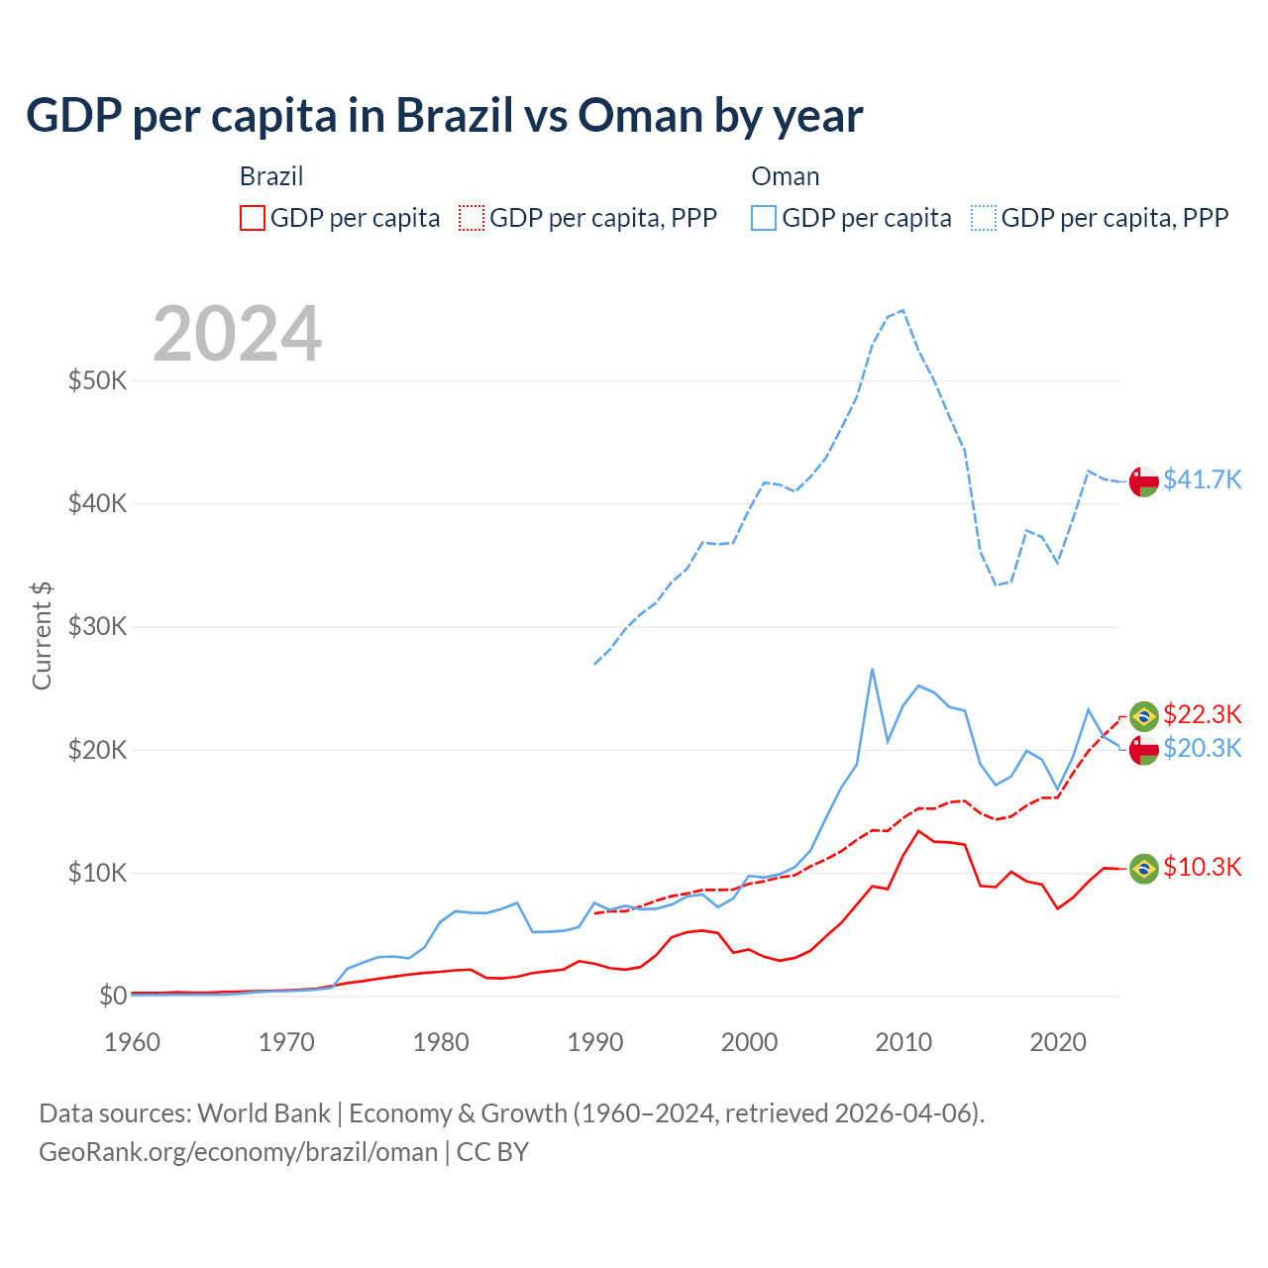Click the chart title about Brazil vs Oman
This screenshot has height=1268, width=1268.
click(x=444, y=116)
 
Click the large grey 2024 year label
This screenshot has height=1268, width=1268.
click(x=238, y=334)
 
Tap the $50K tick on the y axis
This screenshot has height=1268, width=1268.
click(x=97, y=380)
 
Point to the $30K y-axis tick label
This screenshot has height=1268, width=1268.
click(x=97, y=626)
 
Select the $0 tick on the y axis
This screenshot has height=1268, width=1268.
click(x=113, y=996)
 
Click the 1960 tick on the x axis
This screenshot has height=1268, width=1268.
click(x=132, y=1042)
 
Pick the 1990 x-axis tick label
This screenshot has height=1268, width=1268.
click(x=595, y=1042)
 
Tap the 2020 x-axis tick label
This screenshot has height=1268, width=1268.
click(x=1058, y=1042)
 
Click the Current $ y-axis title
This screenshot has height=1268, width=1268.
click(x=42, y=635)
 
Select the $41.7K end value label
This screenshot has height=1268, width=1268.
click(x=1202, y=480)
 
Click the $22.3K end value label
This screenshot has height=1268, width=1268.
click(x=1202, y=714)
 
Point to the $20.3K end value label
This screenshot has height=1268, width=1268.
click(x=1202, y=748)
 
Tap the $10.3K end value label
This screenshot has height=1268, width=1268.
click(x=1202, y=868)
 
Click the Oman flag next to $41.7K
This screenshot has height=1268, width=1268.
click(x=1144, y=480)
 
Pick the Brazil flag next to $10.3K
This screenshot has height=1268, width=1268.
click(x=1144, y=869)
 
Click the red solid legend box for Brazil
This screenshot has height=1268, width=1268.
click(x=253, y=218)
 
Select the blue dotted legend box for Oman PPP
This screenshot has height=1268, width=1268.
click(x=984, y=218)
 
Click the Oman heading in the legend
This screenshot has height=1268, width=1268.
click(x=786, y=176)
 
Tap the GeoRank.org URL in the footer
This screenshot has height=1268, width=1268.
click(x=238, y=1152)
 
